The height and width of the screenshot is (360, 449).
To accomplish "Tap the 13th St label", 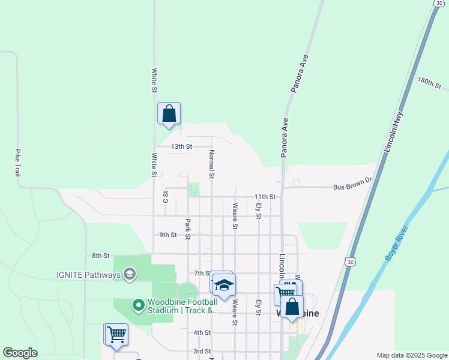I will [x=181, y=146].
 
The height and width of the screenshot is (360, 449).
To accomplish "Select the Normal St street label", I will [x=211, y=165].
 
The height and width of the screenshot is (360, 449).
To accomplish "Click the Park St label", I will [x=188, y=229].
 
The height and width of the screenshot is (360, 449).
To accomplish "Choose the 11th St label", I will [x=264, y=197].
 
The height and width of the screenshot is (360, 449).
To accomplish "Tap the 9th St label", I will [x=168, y=235].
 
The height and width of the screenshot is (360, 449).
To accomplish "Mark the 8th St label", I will [x=100, y=256].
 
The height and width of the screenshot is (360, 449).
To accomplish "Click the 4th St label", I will [x=202, y=332].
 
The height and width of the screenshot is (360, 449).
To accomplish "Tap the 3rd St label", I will [x=202, y=351].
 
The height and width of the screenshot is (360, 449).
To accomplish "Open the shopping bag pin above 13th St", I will [x=169, y=113].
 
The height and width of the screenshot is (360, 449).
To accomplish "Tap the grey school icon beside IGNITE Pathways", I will [x=129, y=275].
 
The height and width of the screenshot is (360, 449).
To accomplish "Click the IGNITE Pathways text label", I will [x=88, y=275].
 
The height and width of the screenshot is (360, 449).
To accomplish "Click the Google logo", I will [x=20, y=353].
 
